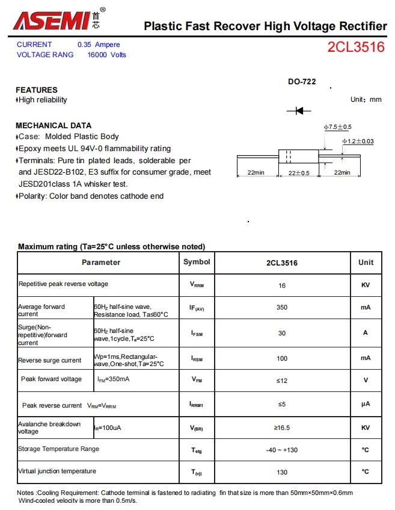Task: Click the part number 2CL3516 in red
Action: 356,48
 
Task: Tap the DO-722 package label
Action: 302,82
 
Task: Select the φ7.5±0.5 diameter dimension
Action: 337,127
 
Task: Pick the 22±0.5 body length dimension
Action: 299,173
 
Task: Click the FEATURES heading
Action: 37,90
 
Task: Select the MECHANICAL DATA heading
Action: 54,125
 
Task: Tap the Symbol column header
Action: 197,262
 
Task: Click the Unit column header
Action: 366,263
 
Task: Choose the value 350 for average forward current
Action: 282,307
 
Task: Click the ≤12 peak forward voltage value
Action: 282,381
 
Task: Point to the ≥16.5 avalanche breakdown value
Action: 282,428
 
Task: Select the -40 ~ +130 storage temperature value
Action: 282,450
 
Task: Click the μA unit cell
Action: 366,404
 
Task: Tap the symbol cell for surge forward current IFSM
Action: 197,333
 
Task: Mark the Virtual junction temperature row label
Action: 57,471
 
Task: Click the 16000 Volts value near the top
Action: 107,55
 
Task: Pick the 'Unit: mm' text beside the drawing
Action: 366,99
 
